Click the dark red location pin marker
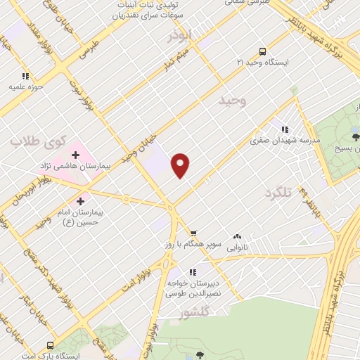pyautogui.click(x=181, y=165)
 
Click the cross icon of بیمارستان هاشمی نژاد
pyautogui.click(x=75, y=154)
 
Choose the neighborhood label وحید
pyautogui.click(x=233, y=101)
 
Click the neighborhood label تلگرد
pyautogui.click(x=278, y=192)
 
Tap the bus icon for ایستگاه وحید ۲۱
pyautogui.click(x=262, y=51)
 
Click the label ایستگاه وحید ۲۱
pyautogui.click(x=262, y=63)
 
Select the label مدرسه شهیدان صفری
pyautogui.click(x=285, y=141)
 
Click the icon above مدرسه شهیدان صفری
pyautogui.click(x=285, y=129)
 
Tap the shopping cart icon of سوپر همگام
pyautogui.click(x=193, y=233)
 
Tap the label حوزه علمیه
pyautogui.click(x=26, y=87)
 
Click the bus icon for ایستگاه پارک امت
pyautogui.click(x=50, y=345)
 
